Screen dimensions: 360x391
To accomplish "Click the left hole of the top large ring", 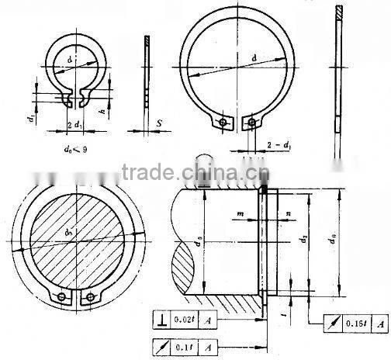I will tap(223, 123).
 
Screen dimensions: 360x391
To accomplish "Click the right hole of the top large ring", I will tap(251, 123).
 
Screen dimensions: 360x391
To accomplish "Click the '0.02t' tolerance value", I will tap(183, 318).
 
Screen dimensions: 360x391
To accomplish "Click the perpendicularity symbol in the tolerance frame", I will tap(158, 318).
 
